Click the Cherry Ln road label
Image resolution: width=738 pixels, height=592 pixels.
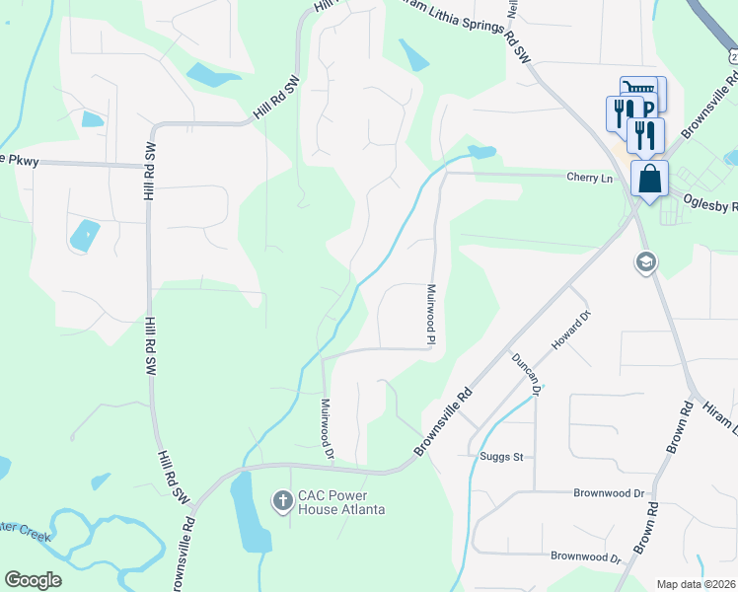[x=590, y=178]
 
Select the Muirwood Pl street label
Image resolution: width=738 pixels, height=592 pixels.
[x=431, y=315]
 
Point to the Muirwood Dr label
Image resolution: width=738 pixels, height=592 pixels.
[x=328, y=428]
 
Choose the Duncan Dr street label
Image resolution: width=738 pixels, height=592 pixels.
[x=525, y=372]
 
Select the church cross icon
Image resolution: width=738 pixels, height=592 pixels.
[x=282, y=501]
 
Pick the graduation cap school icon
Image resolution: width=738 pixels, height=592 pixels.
[x=645, y=262]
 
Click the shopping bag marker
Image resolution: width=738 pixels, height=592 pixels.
[x=649, y=180]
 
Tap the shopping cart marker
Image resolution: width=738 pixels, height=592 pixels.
[x=639, y=91]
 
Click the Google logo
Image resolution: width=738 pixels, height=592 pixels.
[x=33, y=580]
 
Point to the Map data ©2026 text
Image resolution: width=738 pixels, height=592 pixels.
[x=696, y=584]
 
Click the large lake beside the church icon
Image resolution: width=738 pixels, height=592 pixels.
[x=250, y=512]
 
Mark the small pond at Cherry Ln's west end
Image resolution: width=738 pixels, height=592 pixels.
[x=481, y=152]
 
